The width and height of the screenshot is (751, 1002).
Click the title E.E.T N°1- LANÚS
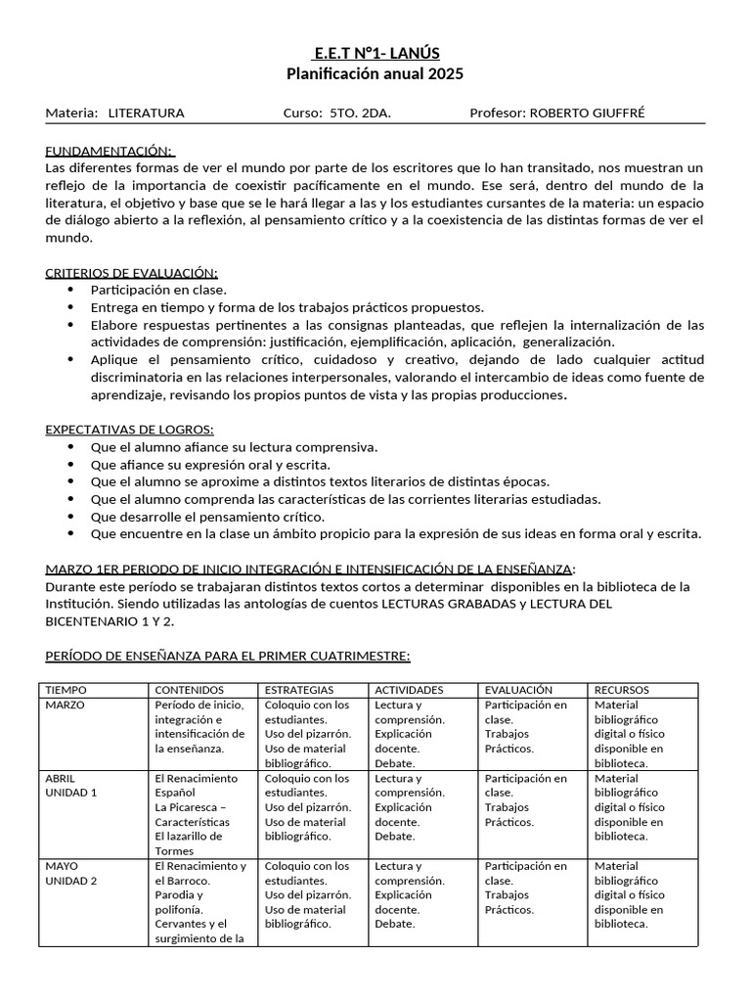pos(375,53)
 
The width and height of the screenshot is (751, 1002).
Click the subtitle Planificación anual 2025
pos(375,73)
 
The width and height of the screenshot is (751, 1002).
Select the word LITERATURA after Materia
pos(146,114)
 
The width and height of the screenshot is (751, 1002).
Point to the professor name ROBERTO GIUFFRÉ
pos(586,114)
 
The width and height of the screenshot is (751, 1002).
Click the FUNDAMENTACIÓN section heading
pos(110,151)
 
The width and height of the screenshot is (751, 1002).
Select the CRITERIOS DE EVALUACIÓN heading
pos(132,272)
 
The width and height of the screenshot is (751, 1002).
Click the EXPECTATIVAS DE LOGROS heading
pos(129,430)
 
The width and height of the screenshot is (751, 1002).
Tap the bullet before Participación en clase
pos(69,290)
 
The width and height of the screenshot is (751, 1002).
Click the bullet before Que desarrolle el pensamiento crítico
pos(69,517)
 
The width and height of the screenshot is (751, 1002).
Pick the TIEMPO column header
pos(66,690)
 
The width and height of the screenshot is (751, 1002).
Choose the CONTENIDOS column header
pos(190,690)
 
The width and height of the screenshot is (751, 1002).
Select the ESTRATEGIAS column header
pos(299,690)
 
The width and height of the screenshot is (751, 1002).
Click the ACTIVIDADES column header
pos(409,690)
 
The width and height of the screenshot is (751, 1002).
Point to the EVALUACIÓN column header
pos(518,690)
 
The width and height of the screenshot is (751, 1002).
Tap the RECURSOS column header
pos(623,690)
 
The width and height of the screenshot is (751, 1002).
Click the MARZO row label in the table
pos(66,705)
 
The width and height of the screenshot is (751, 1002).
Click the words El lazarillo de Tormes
pos(189,843)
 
